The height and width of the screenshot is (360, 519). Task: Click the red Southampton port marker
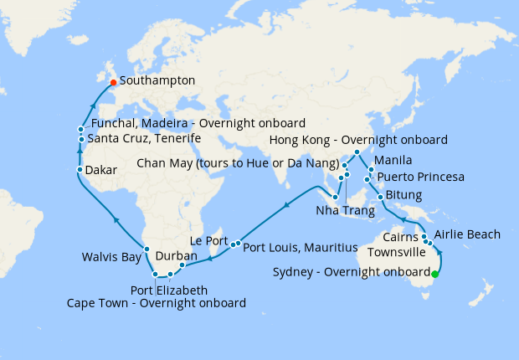click(x=113, y=82)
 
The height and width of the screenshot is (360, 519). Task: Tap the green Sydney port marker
click(x=434, y=272)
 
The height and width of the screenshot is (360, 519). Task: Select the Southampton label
click(x=157, y=81)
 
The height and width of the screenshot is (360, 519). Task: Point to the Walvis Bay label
click(x=112, y=257)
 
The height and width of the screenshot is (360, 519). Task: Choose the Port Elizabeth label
click(x=167, y=290)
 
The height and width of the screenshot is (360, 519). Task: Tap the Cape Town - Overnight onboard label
click(x=157, y=302)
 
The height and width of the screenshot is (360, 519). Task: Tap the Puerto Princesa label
click(x=420, y=177)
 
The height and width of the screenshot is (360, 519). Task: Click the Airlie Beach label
click(x=468, y=234)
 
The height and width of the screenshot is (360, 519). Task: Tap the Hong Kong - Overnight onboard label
click(x=358, y=140)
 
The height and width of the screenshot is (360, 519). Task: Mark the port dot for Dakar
click(x=80, y=170)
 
